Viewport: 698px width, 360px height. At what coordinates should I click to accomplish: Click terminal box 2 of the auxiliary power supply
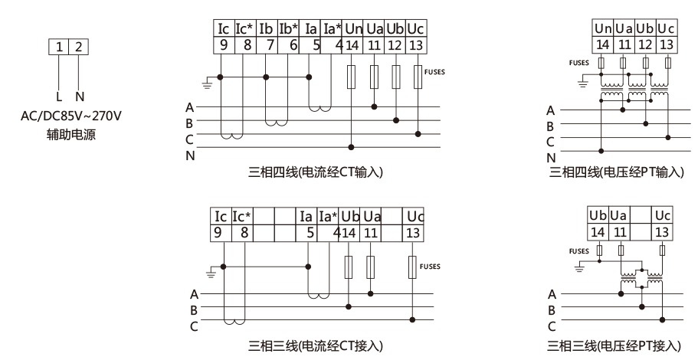click(78, 47)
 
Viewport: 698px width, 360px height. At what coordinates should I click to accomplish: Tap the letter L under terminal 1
click(58, 97)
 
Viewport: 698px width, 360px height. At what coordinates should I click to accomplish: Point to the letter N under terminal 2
click(79, 97)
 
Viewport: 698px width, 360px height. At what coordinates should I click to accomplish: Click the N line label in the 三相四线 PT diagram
click(550, 158)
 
